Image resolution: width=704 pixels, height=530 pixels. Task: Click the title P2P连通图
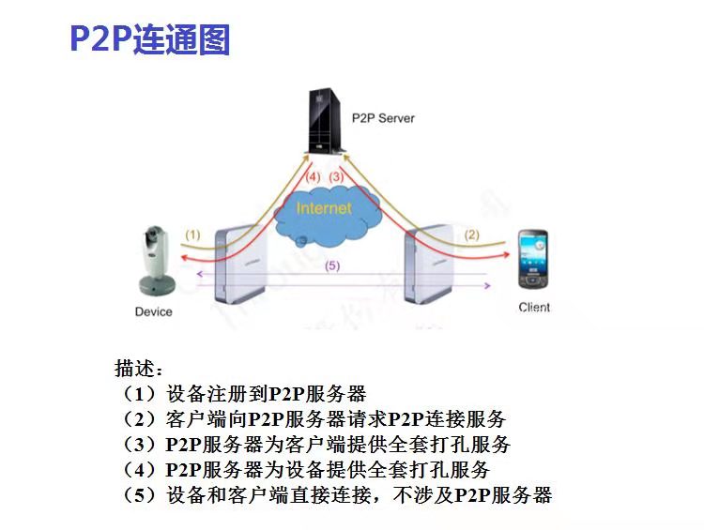tap(150, 40)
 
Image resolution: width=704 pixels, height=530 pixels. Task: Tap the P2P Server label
tap(382, 118)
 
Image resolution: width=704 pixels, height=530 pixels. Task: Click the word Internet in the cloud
tap(324, 207)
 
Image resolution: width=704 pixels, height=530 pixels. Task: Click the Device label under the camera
tap(154, 311)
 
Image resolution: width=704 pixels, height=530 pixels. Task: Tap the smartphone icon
tap(534, 258)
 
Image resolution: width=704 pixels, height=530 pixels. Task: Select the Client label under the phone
tap(534, 308)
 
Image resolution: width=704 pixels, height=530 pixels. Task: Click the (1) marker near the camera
tap(192, 235)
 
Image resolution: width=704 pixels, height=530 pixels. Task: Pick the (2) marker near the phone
tap(472, 235)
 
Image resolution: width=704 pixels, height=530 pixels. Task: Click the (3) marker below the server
tap(336, 176)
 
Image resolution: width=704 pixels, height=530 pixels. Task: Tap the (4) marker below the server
tap(313, 176)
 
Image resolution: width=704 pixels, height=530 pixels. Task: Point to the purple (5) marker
tap(330, 265)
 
